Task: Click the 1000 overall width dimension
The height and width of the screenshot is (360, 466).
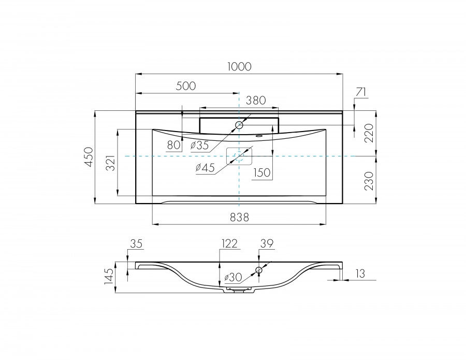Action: point(239,67)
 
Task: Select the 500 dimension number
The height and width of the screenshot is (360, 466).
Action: point(186,86)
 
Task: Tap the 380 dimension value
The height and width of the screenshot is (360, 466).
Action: point(256,100)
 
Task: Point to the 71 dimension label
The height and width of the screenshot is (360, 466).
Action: point(360,92)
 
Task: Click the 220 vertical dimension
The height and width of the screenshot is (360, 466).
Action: point(369,133)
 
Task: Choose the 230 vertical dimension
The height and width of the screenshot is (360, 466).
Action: point(369,181)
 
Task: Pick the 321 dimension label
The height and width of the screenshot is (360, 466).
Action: point(111,163)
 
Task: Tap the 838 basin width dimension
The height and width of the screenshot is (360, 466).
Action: point(240,218)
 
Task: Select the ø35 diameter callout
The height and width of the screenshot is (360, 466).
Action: point(200,146)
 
